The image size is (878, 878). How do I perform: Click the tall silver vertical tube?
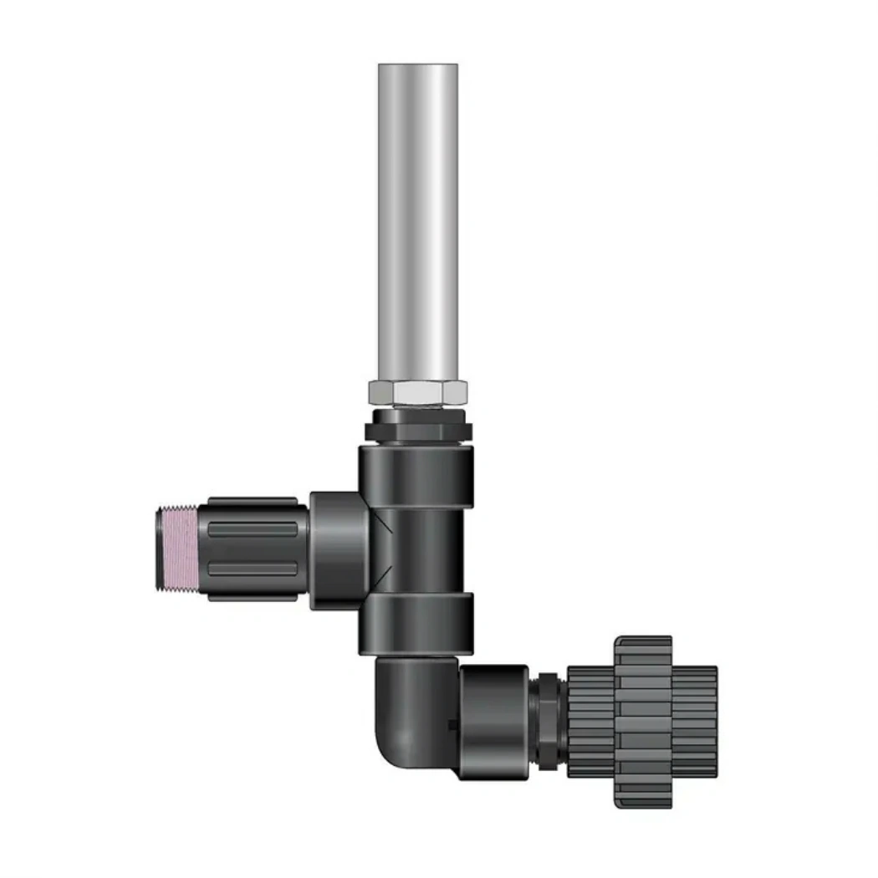[x=418, y=226]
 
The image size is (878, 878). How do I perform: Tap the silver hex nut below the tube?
[x=418, y=391]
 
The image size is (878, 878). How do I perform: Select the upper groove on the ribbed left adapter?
[x=251, y=528]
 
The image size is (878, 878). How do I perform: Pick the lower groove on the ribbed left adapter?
[x=251, y=569]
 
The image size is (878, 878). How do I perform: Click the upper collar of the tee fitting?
[x=416, y=463]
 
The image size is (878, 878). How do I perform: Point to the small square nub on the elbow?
[x=453, y=724]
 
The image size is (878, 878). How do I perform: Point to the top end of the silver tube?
[x=418, y=69]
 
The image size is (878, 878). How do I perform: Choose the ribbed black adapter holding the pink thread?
[x=251, y=549]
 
